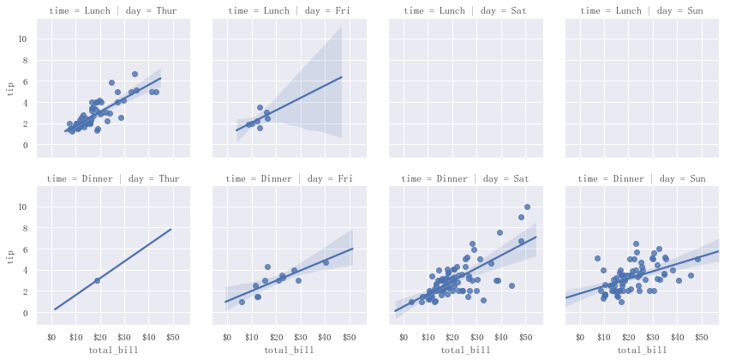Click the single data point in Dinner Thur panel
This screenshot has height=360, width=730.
pyautogui.click(x=97, y=280)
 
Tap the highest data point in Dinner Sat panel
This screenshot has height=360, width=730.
pyautogui.click(x=527, y=207)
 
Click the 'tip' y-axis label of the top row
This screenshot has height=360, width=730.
pyautogui.click(x=11, y=88)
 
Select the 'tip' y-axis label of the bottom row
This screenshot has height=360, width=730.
pyautogui.click(x=11, y=256)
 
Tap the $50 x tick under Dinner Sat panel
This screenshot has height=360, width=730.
pyautogui.click(x=526, y=337)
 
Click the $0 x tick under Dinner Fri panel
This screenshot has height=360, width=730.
pyautogui.click(x=227, y=337)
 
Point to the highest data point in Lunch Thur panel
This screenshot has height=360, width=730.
pyautogui.click(x=135, y=74)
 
